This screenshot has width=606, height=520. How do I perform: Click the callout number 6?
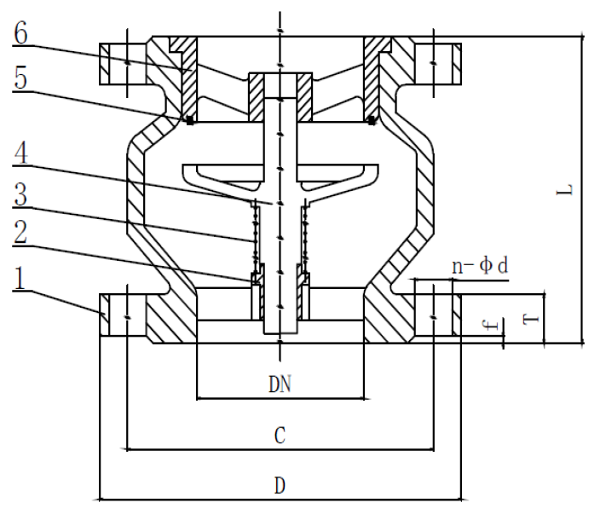21,33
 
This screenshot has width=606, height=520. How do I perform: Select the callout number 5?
21,80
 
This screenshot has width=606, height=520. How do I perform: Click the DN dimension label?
280,386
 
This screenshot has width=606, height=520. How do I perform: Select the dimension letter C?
279,436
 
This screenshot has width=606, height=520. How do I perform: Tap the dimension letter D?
279,486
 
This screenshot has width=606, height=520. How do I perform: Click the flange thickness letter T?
529,317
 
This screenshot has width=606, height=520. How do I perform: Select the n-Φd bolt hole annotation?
480,266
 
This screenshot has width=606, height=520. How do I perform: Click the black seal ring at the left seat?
189,120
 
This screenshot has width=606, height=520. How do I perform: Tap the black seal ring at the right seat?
372,120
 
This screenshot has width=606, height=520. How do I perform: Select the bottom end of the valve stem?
280,328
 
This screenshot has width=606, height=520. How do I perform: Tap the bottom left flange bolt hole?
126,315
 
